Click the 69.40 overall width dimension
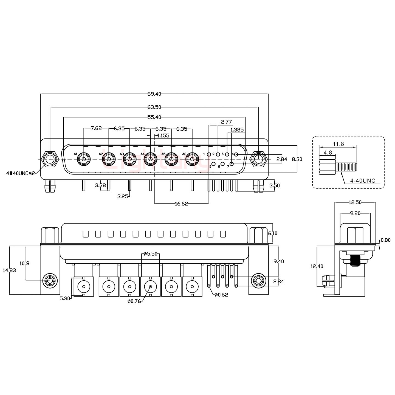pyautogui.click(x=154, y=94)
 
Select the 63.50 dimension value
pyautogui.click(x=154, y=107)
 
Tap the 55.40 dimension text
pyautogui.click(x=154, y=117)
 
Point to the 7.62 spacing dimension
pyautogui.click(x=96, y=128)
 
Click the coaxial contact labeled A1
pyautogui.click(x=83, y=159)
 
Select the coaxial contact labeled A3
pyautogui.click(x=129, y=159)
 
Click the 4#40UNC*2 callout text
pyautogui.click(x=21, y=173)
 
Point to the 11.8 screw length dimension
pyautogui.click(x=338, y=144)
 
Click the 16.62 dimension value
pyautogui.click(x=181, y=204)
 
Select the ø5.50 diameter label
pyautogui.click(x=151, y=254)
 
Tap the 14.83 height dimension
pyautogui.click(x=9, y=270)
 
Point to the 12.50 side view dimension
pyautogui.click(x=355, y=202)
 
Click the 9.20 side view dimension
pyautogui.click(x=355, y=213)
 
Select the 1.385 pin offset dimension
pyautogui.click(x=237, y=130)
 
